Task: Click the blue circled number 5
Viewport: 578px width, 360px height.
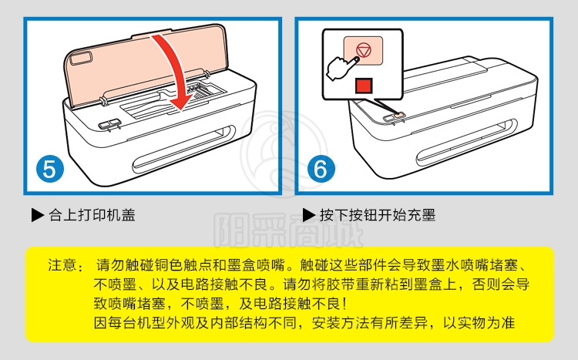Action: click(50, 169)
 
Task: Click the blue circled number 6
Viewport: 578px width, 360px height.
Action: click(321, 169)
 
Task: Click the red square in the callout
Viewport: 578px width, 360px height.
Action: click(364, 86)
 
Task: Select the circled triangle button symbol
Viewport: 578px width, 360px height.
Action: click(364, 50)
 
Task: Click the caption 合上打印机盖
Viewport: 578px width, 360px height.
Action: click(92, 214)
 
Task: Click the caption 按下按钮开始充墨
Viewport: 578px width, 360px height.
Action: click(378, 214)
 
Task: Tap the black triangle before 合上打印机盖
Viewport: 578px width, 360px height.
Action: click(37, 215)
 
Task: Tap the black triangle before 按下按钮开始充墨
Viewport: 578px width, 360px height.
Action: click(308, 215)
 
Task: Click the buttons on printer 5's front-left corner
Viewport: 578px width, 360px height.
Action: click(109, 123)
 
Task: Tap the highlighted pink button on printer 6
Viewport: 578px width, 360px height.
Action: click(399, 116)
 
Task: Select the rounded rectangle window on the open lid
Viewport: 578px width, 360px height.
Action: click(81, 58)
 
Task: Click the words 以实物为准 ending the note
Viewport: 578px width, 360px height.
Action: click(479, 323)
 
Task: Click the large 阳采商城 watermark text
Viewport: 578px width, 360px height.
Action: click(288, 230)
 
